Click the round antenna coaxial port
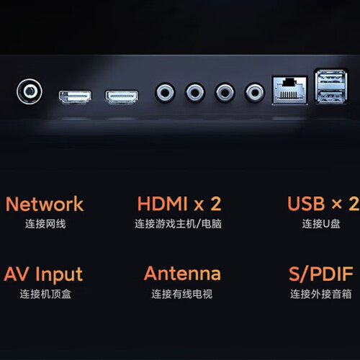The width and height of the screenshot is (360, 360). tap(30, 91)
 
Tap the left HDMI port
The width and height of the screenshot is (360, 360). tap(75, 96)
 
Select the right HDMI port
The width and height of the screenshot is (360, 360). tap(122, 96)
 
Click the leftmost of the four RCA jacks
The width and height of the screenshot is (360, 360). tap(165, 92)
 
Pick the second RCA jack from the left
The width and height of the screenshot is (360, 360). tap(195, 92)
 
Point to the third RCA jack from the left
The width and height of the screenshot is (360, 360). tap(225, 92)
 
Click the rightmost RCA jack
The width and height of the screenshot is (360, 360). tap(255, 92)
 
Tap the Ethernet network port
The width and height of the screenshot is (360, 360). tap(290, 90)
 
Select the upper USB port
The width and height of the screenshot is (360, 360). tap(331, 78)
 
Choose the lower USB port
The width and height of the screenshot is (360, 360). tap(331, 95)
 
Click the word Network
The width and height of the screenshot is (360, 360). tap(45, 204)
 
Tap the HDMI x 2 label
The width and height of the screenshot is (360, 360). tap(179, 204)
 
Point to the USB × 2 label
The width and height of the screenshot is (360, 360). tap(323, 204)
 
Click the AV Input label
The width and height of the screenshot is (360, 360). tap(43, 274)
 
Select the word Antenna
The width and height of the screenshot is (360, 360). tap(182, 274)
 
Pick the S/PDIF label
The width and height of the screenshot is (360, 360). tap(321, 274)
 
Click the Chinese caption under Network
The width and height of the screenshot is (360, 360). tap(45, 224)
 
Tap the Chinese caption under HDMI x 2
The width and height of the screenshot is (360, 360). tap(178, 224)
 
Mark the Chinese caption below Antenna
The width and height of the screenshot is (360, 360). tap(182, 294)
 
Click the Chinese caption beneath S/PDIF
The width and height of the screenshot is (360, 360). tap(321, 294)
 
